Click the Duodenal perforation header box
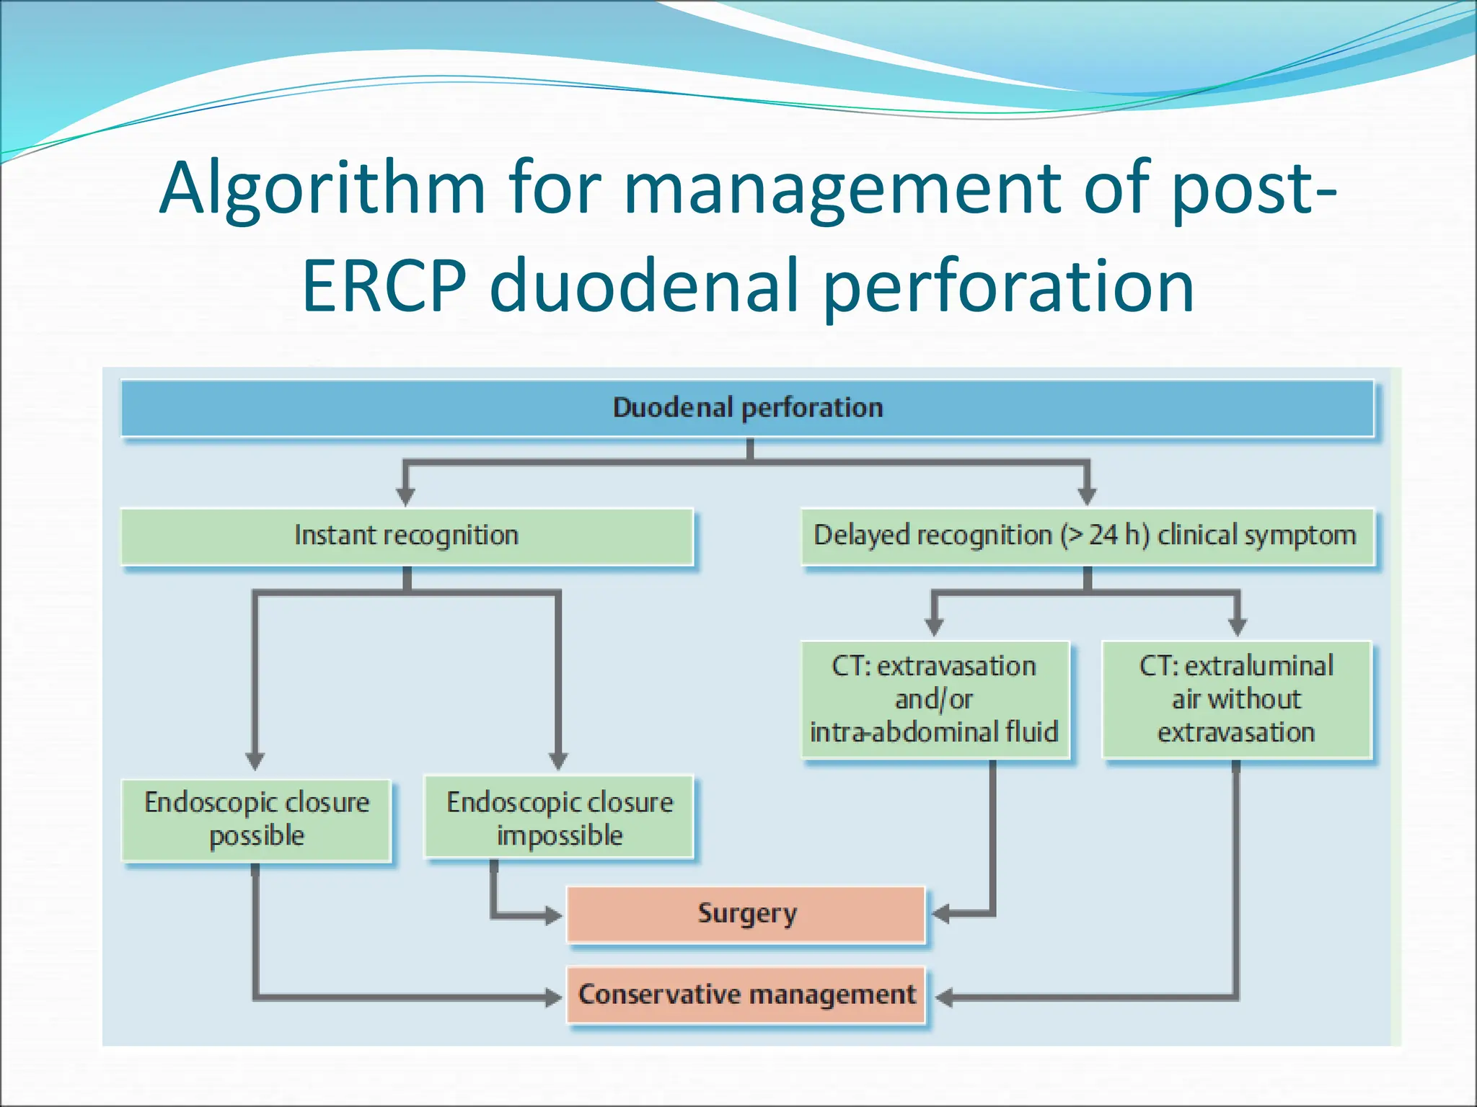(747, 408)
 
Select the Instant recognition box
(407, 536)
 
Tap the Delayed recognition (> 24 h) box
(1088, 536)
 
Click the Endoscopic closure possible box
(256, 819)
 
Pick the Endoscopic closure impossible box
(559, 817)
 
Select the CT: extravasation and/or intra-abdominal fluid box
(935, 699)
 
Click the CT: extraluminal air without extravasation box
(1236, 699)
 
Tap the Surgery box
(746, 914)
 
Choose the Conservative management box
(746, 995)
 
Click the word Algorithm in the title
(322, 189)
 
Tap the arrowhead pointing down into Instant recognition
(406, 496)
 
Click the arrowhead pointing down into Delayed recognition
(1088, 496)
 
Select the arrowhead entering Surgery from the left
(553, 916)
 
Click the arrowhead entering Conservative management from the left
(553, 997)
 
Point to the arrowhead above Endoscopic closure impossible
(558, 761)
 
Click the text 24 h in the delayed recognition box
(1117, 535)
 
